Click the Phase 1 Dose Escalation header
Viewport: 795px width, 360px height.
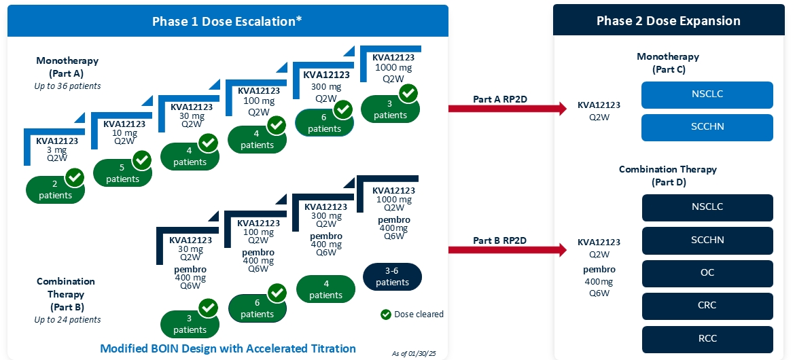227,21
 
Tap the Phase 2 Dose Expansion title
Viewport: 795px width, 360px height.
668,21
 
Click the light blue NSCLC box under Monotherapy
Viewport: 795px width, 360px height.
707,94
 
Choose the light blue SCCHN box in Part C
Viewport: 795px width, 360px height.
707,127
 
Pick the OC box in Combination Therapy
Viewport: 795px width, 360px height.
707,273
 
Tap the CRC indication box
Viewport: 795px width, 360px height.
707,306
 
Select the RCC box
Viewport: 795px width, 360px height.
707,338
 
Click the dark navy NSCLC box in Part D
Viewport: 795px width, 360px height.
707,208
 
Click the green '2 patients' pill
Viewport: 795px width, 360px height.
54,190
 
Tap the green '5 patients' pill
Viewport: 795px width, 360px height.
122,173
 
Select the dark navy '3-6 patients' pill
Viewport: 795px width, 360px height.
392,276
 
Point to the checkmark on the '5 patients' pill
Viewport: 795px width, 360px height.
141,160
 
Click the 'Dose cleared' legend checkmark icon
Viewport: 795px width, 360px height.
386,314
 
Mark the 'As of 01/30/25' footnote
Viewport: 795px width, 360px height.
415,353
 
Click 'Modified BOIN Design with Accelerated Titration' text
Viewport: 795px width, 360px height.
228,348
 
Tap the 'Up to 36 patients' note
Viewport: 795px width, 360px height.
67,86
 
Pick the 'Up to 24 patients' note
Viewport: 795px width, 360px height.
67,319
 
